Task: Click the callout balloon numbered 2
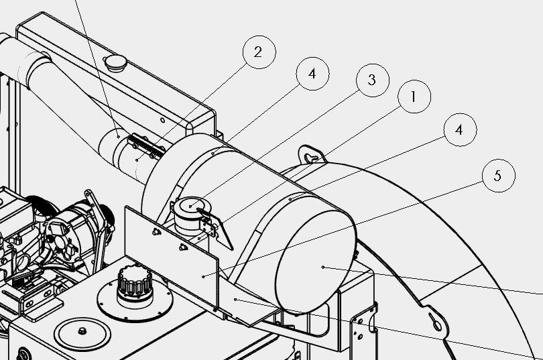pyautogui.click(x=259, y=52)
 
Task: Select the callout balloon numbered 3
pyautogui.click(x=373, y=80)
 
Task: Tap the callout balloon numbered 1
pyautogui.click(x=414, y=97)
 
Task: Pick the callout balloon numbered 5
pyautogui.click(x=498, y=176)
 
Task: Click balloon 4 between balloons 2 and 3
pyautogui.click(x=312, y=74)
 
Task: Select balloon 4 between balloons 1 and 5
pyautogui.click(x=460, y=130)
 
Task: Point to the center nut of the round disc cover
pyautogui.click(x=82, y=331)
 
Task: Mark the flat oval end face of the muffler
pyautogui.click(x=316, y=261)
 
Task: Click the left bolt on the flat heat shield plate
pyautogui.click(x=156, y=231)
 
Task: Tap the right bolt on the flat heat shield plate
pyautogui.click(x=183, y=247)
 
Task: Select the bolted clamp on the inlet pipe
pyautogui.click(x=146, y=147)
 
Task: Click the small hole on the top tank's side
pyautogui.click(x=162, y=121)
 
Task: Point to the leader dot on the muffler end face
pyautogui.click(x=322, y=267)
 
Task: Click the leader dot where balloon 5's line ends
pyautogui.click(x=203, y=277)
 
